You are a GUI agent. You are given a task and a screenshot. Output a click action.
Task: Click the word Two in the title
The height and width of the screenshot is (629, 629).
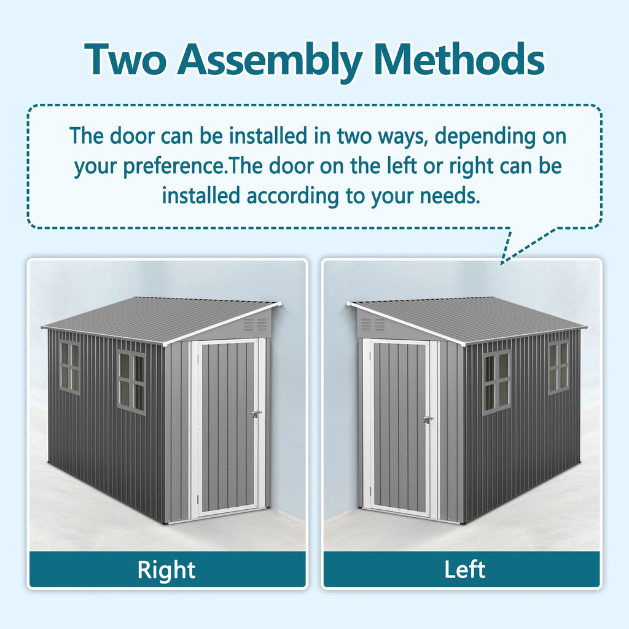(125, 60)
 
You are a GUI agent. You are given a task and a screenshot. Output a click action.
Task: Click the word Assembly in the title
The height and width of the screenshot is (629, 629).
(270, 60)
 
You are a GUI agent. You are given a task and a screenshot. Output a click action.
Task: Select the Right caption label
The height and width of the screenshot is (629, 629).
(166, 569)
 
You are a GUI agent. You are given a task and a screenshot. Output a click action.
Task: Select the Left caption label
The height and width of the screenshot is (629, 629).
(464, 569)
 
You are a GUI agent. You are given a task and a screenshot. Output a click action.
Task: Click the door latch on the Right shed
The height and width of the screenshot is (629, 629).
(256, 415)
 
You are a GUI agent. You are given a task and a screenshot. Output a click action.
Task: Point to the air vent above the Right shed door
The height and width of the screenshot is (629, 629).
(255, 324)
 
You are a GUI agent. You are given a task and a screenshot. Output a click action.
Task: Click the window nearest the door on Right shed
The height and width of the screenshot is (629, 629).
(131, 381)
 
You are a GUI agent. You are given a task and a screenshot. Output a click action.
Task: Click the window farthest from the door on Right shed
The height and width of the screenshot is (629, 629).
(69, 367)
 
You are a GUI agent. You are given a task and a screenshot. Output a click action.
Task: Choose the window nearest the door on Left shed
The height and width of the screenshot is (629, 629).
(496, 381)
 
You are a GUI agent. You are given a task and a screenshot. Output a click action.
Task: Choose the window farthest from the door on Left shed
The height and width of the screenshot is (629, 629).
(559, 367)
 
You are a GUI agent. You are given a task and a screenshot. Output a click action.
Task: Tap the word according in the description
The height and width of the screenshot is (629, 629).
(287, 196)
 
